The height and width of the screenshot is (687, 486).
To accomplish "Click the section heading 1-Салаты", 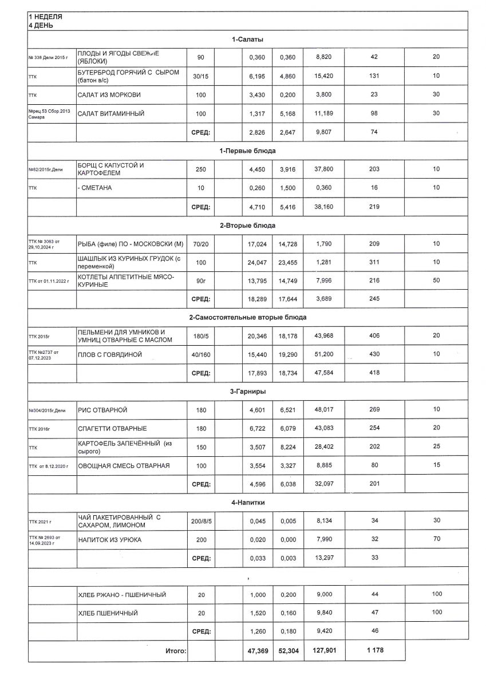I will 247,39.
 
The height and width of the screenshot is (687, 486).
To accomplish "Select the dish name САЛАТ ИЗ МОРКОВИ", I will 109,94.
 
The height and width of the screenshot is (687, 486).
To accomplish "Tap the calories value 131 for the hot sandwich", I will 375,76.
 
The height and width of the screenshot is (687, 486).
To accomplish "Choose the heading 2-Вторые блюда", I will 247,225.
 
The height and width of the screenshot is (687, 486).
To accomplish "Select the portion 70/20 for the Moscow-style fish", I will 200,244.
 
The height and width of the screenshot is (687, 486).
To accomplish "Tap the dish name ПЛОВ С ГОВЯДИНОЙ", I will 110,355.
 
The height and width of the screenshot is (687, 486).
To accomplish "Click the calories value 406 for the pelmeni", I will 375,336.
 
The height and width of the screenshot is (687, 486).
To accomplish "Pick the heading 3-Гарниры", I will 247,392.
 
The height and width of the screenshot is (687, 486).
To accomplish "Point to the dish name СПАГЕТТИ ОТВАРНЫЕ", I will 112,428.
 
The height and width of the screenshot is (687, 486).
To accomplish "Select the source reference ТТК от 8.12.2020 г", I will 48,466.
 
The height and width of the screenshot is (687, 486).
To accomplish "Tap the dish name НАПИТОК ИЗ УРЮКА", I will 110,540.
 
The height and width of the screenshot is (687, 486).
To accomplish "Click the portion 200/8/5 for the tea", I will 200,521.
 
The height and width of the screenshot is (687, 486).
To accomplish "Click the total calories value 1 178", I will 375,650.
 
